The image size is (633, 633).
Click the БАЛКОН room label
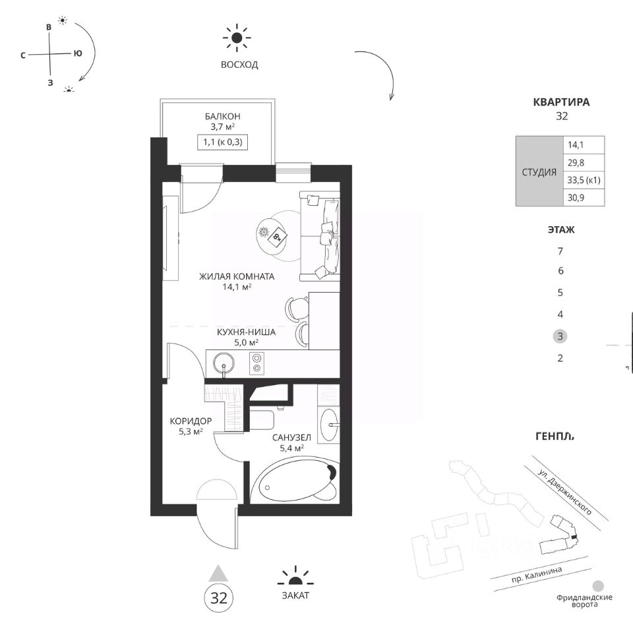coord(222,116)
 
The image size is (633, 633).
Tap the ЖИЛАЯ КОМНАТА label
coord(237,276)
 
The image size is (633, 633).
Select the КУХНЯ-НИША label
coord(246,332)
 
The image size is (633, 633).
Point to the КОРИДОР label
coord(191,421)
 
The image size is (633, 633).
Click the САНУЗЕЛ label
coord(291,438)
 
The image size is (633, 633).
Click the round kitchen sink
coord(224,364)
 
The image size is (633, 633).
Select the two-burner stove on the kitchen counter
coord(256,363)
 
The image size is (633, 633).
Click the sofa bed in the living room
coord(319,237)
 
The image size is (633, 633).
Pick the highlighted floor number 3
coord(560,336)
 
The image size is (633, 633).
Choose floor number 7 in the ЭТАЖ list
coord(560,251)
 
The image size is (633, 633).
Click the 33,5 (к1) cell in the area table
coord(584,180)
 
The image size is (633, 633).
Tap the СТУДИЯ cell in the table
coord(539,172)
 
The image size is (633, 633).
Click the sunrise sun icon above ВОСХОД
coord(237,38)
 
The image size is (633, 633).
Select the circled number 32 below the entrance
coord(219,598)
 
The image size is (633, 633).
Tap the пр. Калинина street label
coord(537,574)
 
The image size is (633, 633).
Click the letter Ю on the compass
coord(78,53)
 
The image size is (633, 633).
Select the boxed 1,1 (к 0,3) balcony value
coord(222,142)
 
